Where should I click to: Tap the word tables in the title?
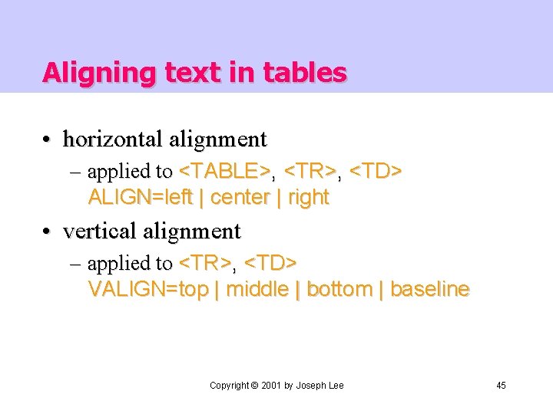tap(304, 73)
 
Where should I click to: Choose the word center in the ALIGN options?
tap(240, 197)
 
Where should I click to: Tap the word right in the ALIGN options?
tap(309, 197)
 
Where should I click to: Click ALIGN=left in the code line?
tap(141, 197)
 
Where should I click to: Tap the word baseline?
tap(430, 289)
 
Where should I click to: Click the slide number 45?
tap(501, 385)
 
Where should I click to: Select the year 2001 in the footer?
tap(270, 385)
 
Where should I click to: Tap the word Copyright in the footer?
tap(230, 385)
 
